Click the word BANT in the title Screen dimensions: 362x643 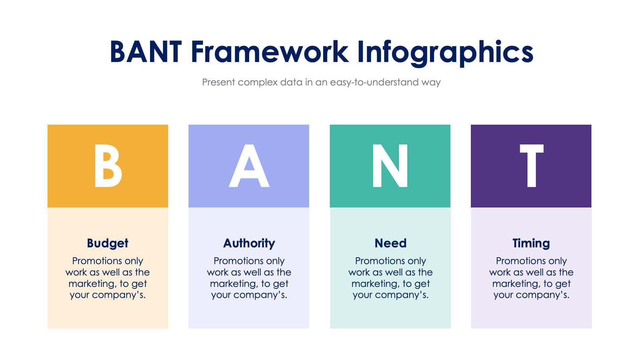[146, 52]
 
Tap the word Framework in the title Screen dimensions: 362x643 [270, 52]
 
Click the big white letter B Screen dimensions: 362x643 [108, 166]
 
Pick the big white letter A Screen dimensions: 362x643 [249, 166]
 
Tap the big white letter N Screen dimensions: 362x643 [390, 166]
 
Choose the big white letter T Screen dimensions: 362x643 [531, 166]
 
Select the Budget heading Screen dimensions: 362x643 [108, 243]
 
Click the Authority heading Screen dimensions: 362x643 [249, 243]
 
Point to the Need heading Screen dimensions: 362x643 [390, 243]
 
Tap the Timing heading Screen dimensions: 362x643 [531, 243]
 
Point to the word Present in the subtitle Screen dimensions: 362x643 [218, 82]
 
